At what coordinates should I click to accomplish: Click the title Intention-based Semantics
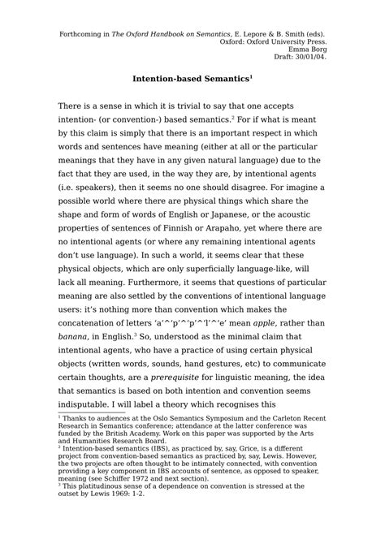click(191, 80)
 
